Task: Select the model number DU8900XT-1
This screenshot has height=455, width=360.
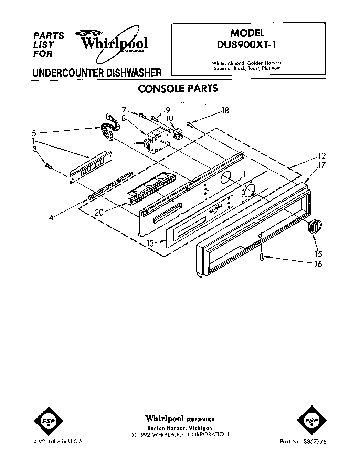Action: point(247,45)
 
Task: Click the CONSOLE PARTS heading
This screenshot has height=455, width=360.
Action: point(178,89)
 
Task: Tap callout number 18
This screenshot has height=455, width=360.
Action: point(225,111)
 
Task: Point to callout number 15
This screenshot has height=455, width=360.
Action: point(318,254)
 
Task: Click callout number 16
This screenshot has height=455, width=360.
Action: point(318,264)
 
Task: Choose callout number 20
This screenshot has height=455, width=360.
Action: point(99,212)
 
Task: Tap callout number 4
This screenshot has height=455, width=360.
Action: point(51,217)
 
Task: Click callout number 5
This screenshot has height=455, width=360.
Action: point(34,132)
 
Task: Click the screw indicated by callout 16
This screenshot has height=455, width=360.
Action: point(262,256)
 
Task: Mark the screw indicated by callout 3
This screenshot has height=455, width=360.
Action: point(48,166)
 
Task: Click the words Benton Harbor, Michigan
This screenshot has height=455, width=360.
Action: point(180,428)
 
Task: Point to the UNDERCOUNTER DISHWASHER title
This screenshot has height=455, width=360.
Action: point(96,73)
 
